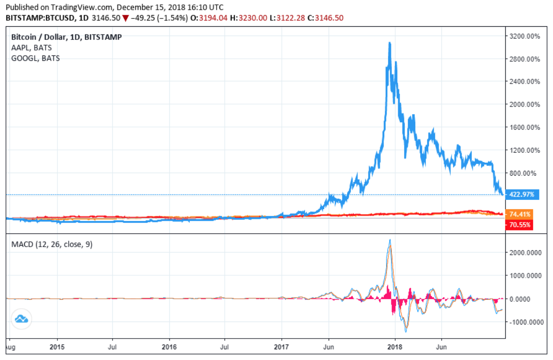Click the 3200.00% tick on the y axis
525,36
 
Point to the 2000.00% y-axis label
525,104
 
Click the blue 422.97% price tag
521,195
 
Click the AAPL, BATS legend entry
31,47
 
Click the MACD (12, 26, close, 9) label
52,244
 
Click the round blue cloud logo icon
21,319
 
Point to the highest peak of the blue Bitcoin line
389,43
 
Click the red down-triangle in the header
126,18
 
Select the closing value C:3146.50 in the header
330,18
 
